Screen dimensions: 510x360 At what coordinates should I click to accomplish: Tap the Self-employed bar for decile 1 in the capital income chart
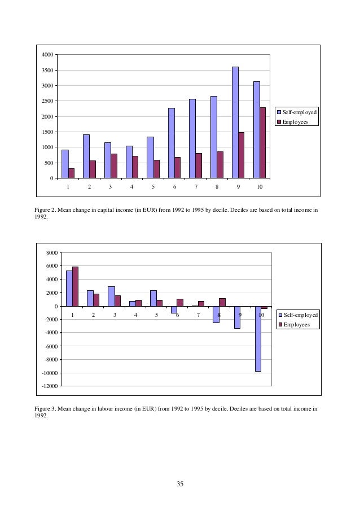tap(65, 164)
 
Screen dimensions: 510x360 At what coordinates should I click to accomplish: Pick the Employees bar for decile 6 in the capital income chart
tap(177, 168)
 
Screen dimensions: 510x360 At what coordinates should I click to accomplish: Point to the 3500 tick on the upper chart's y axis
tap(47, 70)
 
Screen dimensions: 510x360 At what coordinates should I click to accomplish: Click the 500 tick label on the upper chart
tap(49, 163)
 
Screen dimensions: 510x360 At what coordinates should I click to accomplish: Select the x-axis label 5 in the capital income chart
tap(153, 186)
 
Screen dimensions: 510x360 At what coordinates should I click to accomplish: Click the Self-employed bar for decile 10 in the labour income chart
tap(258, 338)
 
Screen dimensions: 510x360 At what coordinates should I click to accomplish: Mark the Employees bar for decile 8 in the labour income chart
tap(222, 302)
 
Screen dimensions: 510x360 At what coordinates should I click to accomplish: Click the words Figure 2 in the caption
tap(47, 210)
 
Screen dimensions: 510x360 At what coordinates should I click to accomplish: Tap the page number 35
tap(180, 483)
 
